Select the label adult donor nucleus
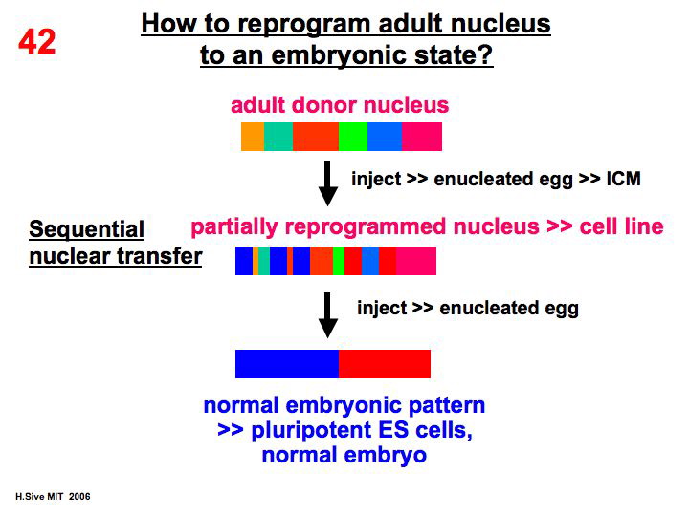tap(340, 104)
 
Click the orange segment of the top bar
tap(252, 137)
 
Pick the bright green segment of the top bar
tap(353, 137)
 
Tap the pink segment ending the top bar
tap(421, 137)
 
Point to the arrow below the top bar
tap(328, 183)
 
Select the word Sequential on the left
tap(86, 229)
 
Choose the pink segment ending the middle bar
tap(415, 261)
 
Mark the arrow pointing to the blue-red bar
tap(328, 313)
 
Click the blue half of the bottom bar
tap(287, 364)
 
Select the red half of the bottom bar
tap(385, 364)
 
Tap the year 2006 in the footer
tap(80, 498)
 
